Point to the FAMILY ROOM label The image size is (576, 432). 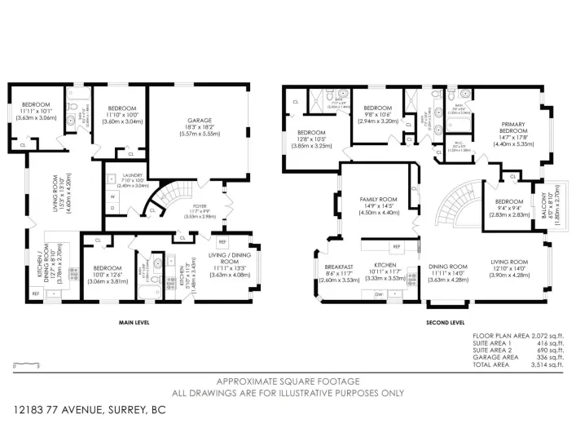[378, 199]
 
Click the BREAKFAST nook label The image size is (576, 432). [337, 267]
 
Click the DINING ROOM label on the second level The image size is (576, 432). [448, 267]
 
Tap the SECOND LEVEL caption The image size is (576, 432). [445, 322]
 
